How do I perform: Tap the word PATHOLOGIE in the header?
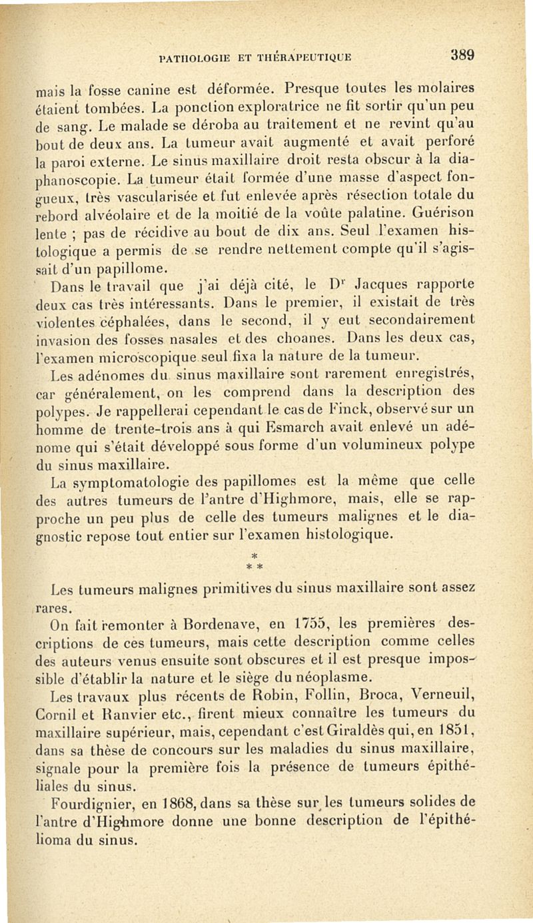[x=193, y=58]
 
